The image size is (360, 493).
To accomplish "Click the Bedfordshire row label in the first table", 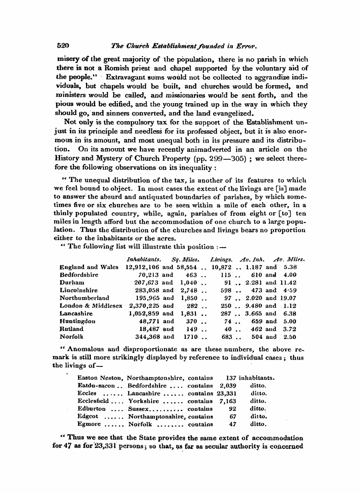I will (79, 275).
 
